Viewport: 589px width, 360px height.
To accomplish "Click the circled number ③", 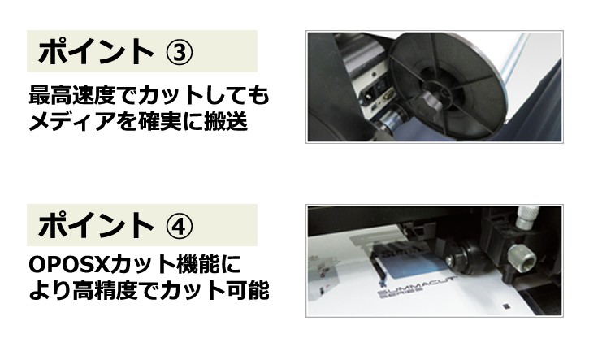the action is tap(180, 52).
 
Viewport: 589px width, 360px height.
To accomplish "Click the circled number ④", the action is tap(180, 226).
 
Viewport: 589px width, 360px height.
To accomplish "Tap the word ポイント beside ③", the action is tap(96, 51).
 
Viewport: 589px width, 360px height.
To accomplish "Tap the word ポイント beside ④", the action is tap(96, 225).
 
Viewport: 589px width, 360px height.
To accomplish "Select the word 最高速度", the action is tap(72, 95).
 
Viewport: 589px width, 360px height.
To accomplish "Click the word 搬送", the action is tap(225, 121).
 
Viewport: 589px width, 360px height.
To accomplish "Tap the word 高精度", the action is tap(105, 290).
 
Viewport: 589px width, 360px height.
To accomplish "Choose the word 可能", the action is tap(247, 290).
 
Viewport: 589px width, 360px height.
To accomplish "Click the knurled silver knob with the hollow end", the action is tap(522, 258).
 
